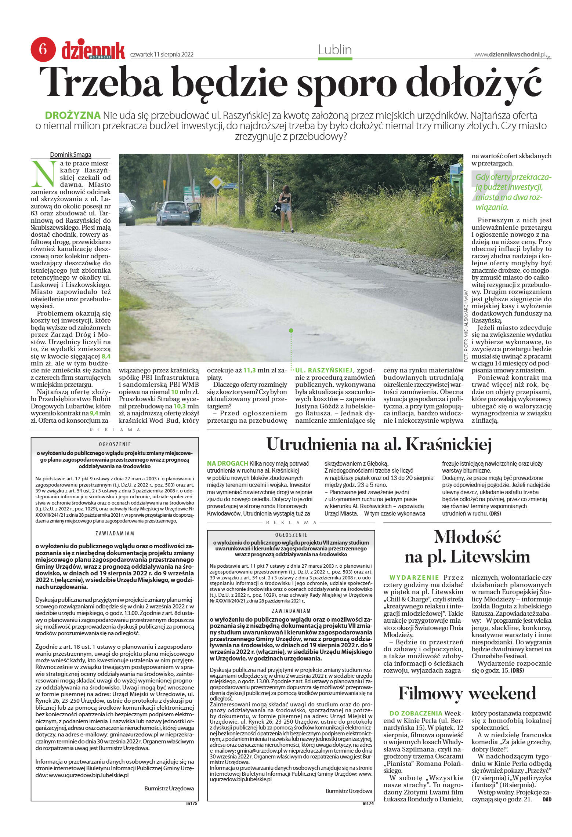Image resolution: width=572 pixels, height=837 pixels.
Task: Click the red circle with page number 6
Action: (x=43, y=49)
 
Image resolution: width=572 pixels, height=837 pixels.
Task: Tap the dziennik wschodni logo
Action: (x=93, y=50)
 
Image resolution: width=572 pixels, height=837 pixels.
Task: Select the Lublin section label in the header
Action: (x=335, y=50)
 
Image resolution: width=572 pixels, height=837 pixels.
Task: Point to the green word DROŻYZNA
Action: (x=72, y=115)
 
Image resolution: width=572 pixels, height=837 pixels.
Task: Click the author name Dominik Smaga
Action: (x=70, y=154)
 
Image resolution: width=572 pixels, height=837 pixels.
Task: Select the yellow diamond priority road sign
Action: (x=217, y=182)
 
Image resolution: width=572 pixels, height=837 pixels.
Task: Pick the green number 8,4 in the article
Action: (x=106, y=356)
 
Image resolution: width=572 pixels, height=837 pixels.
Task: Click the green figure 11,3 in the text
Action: (x=250, y=371)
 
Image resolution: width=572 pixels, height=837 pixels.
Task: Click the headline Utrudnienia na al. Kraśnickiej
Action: (x=379, y=445)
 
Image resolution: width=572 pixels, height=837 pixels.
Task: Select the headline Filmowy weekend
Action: (x=467, y=693)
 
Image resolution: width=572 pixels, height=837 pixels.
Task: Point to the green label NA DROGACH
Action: (x=227, y=463)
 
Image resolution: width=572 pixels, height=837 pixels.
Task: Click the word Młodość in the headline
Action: (x=467, y=537)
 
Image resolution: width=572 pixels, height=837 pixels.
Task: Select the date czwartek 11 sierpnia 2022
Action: (x=162, y=55)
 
